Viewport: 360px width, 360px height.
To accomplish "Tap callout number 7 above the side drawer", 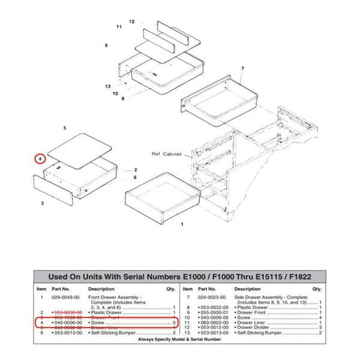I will point(242,69).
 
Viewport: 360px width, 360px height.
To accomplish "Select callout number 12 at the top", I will point(131,22).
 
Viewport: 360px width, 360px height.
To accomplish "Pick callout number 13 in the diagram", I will point(108,86).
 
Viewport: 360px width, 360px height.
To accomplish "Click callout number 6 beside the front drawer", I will point(135,178).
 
